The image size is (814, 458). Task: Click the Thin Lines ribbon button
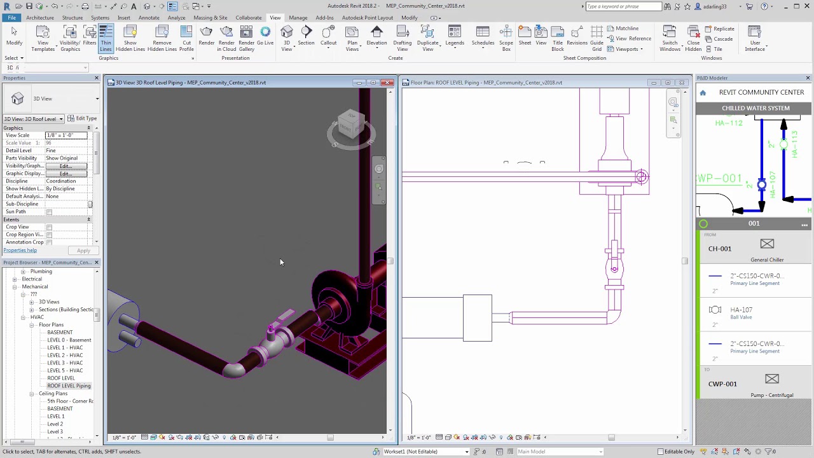(x=106, y=38)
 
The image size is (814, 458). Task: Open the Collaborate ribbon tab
(x=249, y=18)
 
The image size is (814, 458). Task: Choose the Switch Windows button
(x=670, y=38)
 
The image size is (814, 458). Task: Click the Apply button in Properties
(x=83, y=251)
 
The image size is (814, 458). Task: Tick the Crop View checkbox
(x=49, y=227)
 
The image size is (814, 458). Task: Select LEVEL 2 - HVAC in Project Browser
(x=65, y=355)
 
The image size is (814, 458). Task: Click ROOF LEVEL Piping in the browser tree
(x=69, y=385)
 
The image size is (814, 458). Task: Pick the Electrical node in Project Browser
(x=32, y=279)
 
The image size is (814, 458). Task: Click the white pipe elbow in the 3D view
(x=234, y=369)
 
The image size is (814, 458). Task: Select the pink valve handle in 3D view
(x=284, y=316)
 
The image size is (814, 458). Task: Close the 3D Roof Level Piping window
(x=387, y=83)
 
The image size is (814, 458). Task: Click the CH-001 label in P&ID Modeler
(x=720, y=249)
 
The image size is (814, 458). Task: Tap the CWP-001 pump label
(x=722, y=384)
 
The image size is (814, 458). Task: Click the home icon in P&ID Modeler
(x=703, y=93)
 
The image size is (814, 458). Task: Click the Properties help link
(x=20, y=251)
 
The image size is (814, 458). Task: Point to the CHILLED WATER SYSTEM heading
(x=755, y=108)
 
